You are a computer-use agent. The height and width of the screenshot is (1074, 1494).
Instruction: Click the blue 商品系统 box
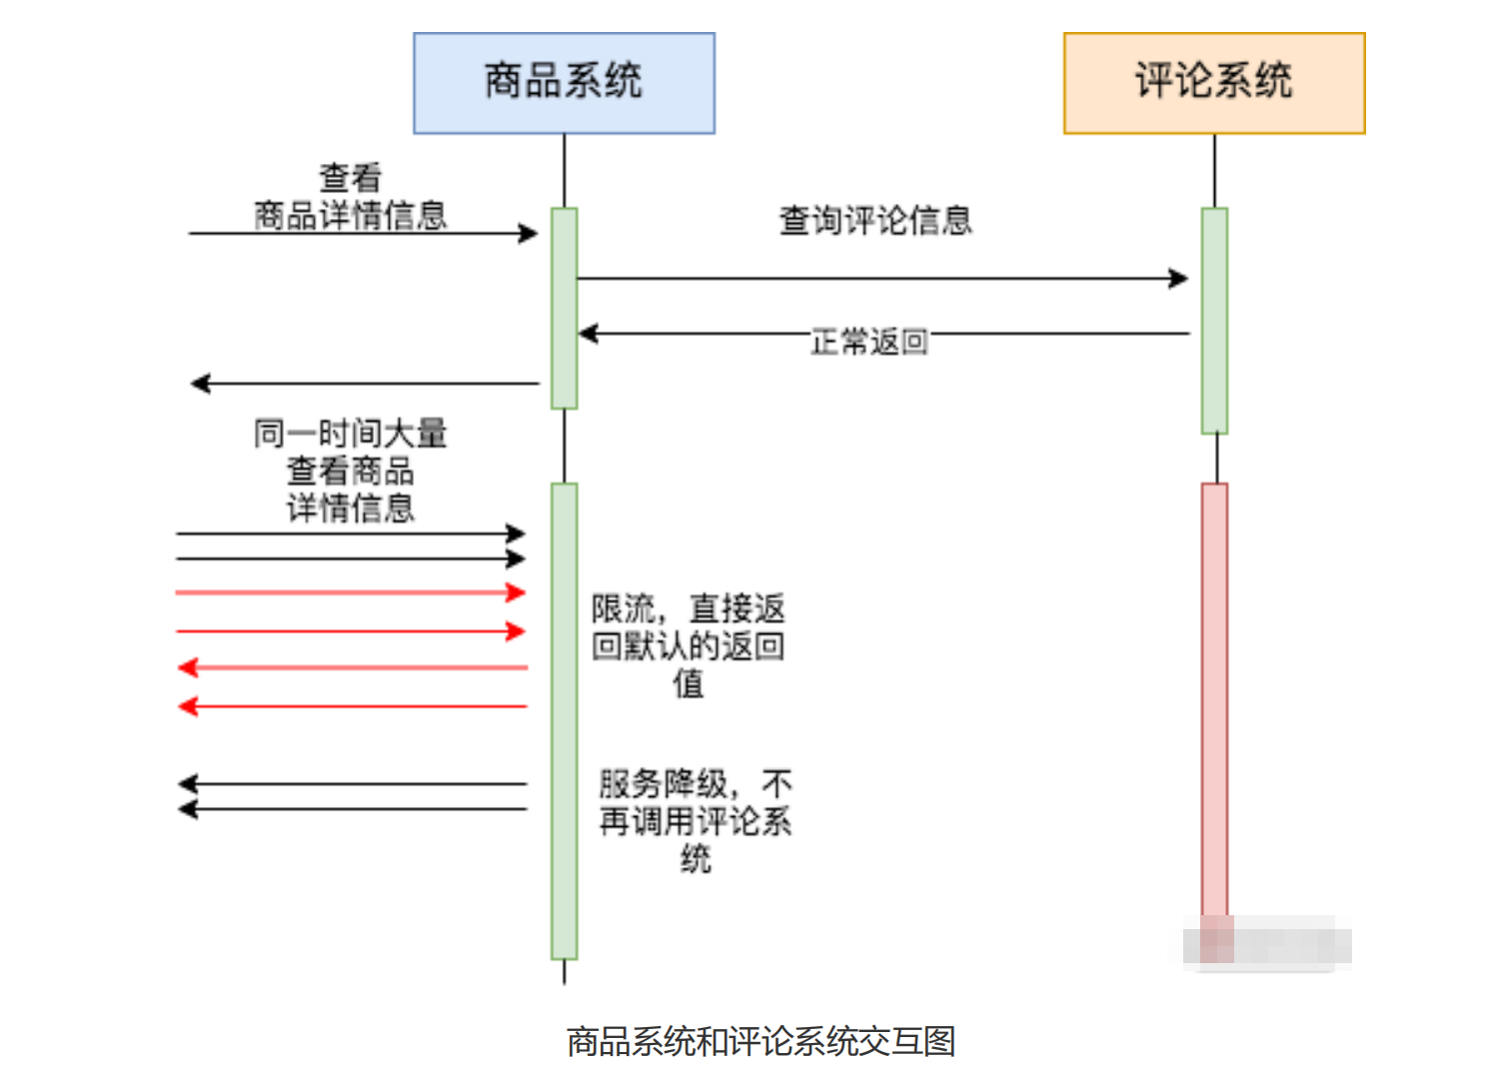[x=564, y=83]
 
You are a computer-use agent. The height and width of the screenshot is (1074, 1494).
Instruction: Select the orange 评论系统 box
[x=1213, y=83]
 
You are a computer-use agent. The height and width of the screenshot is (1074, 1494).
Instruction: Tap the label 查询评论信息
[x=874, y=221]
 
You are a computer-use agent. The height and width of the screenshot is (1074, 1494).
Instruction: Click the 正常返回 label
[x=868, y=342]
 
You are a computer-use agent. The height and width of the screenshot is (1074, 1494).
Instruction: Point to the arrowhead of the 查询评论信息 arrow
[x=1179, y=279]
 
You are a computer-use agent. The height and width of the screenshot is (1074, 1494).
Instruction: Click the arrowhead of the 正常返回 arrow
[x=588, y=334]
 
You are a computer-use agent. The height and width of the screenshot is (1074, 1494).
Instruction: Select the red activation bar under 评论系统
[x=1214, y=699]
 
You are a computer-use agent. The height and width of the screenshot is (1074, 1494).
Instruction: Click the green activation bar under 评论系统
[x=1214, y=320]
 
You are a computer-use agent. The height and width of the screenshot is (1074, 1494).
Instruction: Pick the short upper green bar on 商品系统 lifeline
[x=565, y=308]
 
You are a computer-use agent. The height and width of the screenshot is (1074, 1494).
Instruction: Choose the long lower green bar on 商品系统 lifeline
[x=565, y=719]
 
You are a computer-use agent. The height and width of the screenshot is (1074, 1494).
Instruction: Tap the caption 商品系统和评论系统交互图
[x=760, y=1041]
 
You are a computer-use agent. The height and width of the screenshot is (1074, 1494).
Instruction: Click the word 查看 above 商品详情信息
[x=350, y=178]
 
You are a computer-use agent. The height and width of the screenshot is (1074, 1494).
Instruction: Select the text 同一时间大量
[x=350, y=434]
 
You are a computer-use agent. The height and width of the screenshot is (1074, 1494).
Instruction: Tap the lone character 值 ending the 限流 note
[x=688, y=684]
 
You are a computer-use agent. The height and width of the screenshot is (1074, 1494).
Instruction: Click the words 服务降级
[x=663, y=783]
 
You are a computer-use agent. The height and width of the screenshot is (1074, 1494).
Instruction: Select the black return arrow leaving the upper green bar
[x=364, y=384]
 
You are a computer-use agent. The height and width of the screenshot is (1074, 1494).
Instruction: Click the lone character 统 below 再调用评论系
[x=696, y=859]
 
